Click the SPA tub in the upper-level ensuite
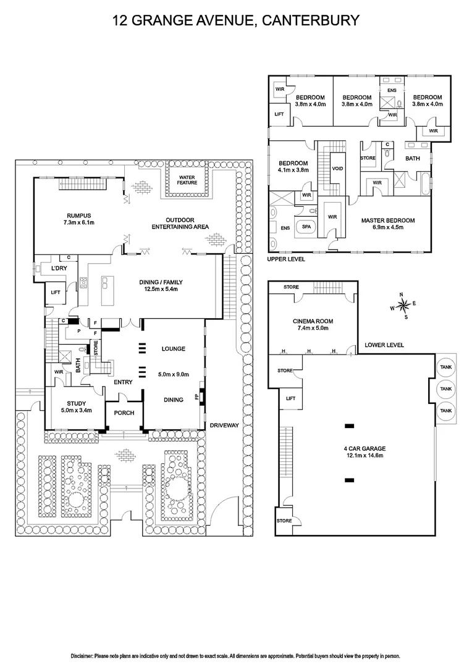coord(305,227)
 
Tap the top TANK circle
coord(445,367)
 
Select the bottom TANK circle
coord(445,410)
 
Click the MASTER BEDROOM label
coord(387,220)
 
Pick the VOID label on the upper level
coord(337,168)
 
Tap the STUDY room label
coord(77,403)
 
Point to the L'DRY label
coord(59,269)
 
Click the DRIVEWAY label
coord(224,426)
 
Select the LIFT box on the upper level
coord(279,114)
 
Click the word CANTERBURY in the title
coord(310,20)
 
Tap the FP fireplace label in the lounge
coord(197,396)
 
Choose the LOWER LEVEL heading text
coord(384,345)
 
